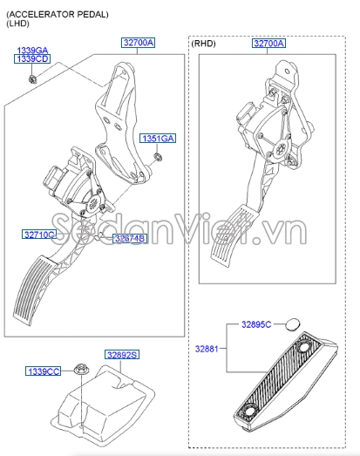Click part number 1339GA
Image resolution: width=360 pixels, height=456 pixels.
(x=32, y=50)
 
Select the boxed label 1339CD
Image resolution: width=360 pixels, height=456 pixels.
(x=32, y=59)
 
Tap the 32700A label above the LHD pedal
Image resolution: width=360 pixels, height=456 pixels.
(x=138, y=43)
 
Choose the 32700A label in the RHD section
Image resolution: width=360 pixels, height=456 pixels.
(x=268, y=44)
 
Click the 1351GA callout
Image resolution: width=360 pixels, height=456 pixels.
(x=158, y=139)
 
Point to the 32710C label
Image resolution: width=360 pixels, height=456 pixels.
(x=38, y=235)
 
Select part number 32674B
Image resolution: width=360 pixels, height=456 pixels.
(x=129, y=239)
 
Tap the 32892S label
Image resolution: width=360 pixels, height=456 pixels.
(x=122, y=355)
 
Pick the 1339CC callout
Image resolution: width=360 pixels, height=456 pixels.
(x=43, y=371)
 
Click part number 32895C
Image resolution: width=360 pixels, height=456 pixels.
(x=256, y=324)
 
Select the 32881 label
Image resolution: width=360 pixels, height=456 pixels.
(x=207, y=349)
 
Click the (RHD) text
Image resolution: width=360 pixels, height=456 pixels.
(x=204, y=44)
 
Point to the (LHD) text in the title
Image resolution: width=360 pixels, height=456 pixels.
(x=18, y=24)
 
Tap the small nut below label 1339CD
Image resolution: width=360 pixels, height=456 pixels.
(x=31, y=78)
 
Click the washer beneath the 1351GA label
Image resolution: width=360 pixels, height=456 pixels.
(x=158, y=156)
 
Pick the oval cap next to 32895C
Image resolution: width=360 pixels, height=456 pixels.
(x=292, y=324)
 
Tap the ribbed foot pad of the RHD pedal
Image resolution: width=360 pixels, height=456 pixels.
(x=230, y=236)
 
